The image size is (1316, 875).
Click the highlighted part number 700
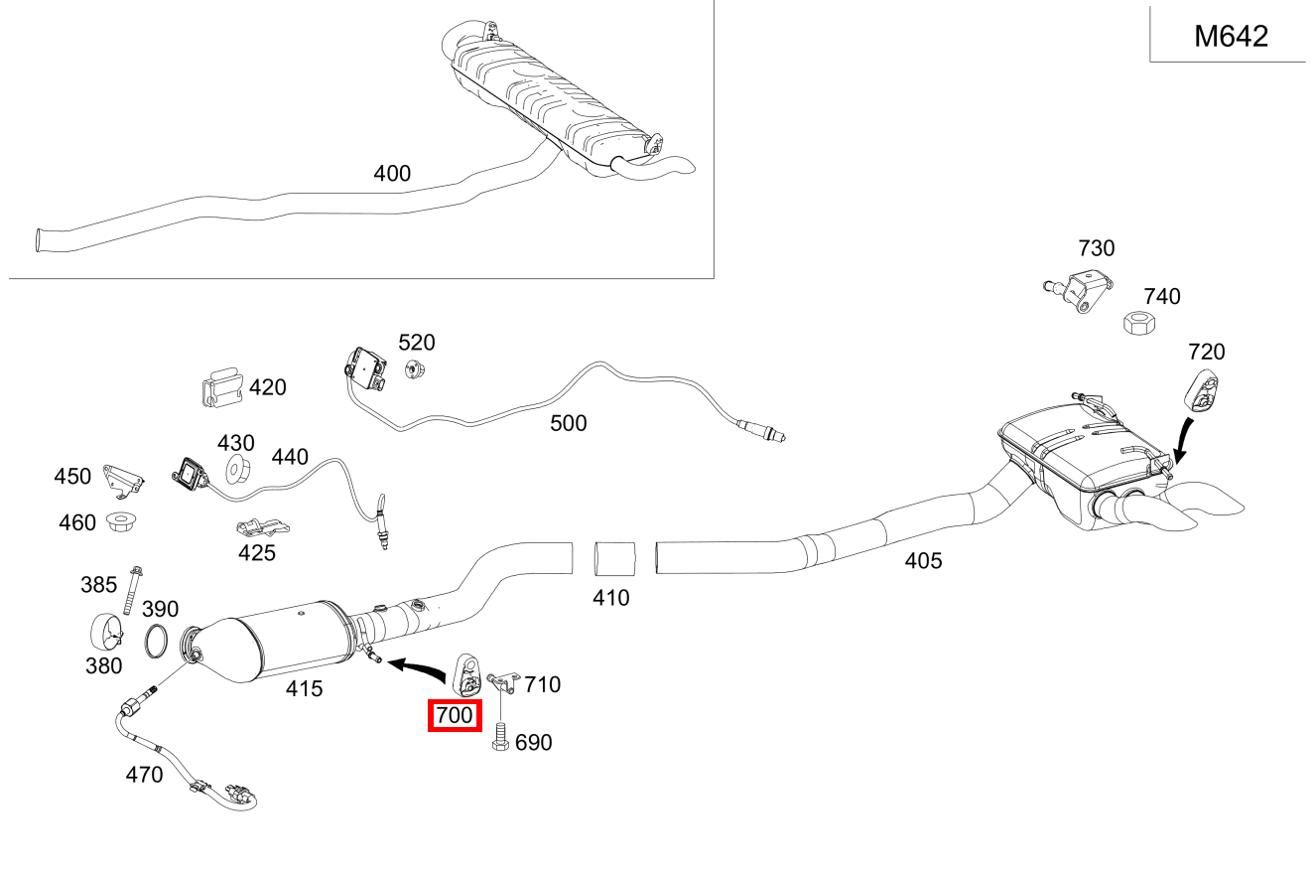[454, 715]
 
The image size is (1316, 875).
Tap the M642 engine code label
[1231, 37]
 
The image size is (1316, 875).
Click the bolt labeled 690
[501, 740]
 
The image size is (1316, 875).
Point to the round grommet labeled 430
[236, 470]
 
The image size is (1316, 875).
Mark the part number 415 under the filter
[304, 688]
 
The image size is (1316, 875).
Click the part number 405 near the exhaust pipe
[923, 561]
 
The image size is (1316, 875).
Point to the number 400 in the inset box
[392, 174]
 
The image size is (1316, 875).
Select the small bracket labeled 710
[504, 681]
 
